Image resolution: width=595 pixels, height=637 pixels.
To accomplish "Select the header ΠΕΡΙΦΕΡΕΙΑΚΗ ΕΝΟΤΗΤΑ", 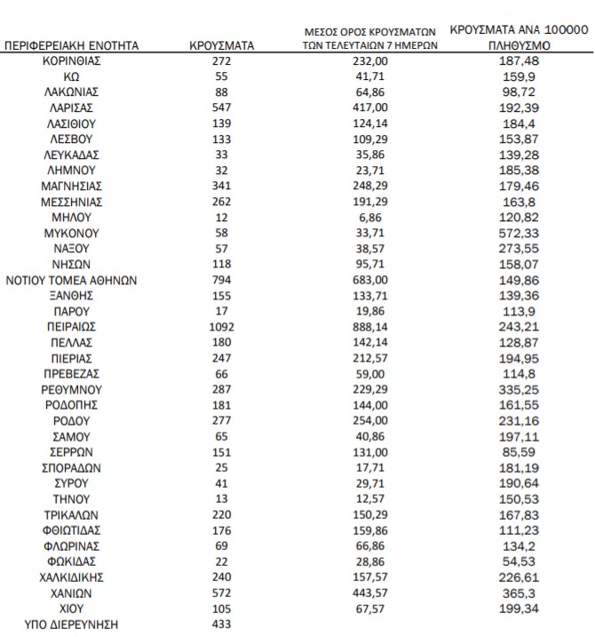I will [x=72, y=44].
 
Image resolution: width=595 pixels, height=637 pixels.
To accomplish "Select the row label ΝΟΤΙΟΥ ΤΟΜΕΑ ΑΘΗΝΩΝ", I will [x=72, y=280].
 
